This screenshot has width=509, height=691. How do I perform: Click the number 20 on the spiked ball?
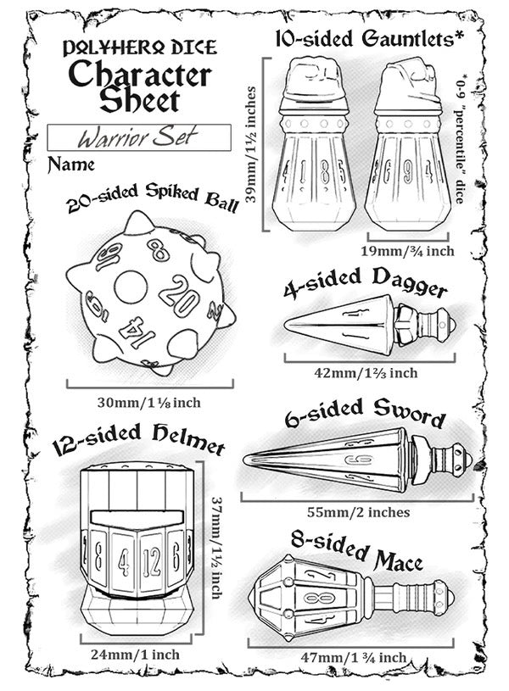tap(180, 295)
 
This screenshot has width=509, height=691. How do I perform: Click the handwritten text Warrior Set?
tap(137, 137)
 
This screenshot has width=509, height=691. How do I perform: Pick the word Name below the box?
tap(71, 164)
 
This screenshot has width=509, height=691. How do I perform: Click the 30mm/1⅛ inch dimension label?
tap(149, 403)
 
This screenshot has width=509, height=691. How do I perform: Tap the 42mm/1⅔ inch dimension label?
tap(366, 373)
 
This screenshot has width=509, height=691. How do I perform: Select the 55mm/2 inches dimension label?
tap(358, 512)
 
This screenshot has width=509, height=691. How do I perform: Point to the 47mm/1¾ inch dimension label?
tap(353, 657)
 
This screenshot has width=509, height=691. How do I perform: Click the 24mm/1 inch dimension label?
tap(136, 654)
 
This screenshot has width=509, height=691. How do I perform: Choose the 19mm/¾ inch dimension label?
tap(407, 251)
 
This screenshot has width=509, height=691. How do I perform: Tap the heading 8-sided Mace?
tap(356, 550)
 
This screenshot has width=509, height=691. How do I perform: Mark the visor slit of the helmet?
tap(137, 517)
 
